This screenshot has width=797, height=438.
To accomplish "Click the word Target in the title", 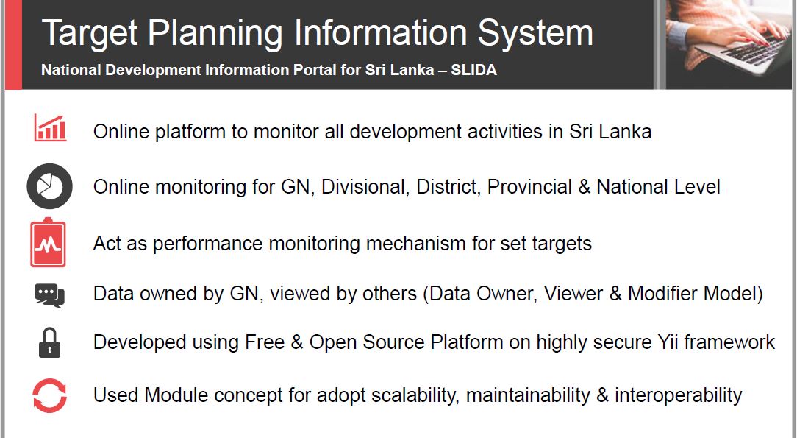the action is (x=90, y=34).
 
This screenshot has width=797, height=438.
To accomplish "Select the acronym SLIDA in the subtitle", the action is (x=473, y=70).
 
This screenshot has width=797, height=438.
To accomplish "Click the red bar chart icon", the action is (x=50, y=127).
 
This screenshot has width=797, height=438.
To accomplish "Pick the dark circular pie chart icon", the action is (x=49, y=186).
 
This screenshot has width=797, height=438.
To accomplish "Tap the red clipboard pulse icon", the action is (x=48, y=243).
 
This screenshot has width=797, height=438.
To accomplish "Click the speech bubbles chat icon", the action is (x=49, y=295).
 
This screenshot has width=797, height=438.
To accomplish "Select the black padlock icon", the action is (x=49, y=343).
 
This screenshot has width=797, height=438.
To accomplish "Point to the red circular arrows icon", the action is (x=49, y=395).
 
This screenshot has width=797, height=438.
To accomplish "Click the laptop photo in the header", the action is (x=729, y=43).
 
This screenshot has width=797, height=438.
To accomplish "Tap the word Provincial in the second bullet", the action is (x=529, y=187).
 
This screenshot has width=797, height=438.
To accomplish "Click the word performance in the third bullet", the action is (x=207, y=244).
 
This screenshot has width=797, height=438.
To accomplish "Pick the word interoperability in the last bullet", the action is (x=678, y=395).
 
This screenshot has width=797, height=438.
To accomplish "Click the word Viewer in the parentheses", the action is (x=572, y=294).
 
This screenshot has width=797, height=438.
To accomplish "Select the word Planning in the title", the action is (x=215, y=34).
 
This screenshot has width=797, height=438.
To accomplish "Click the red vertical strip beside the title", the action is (x=13, y=44).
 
